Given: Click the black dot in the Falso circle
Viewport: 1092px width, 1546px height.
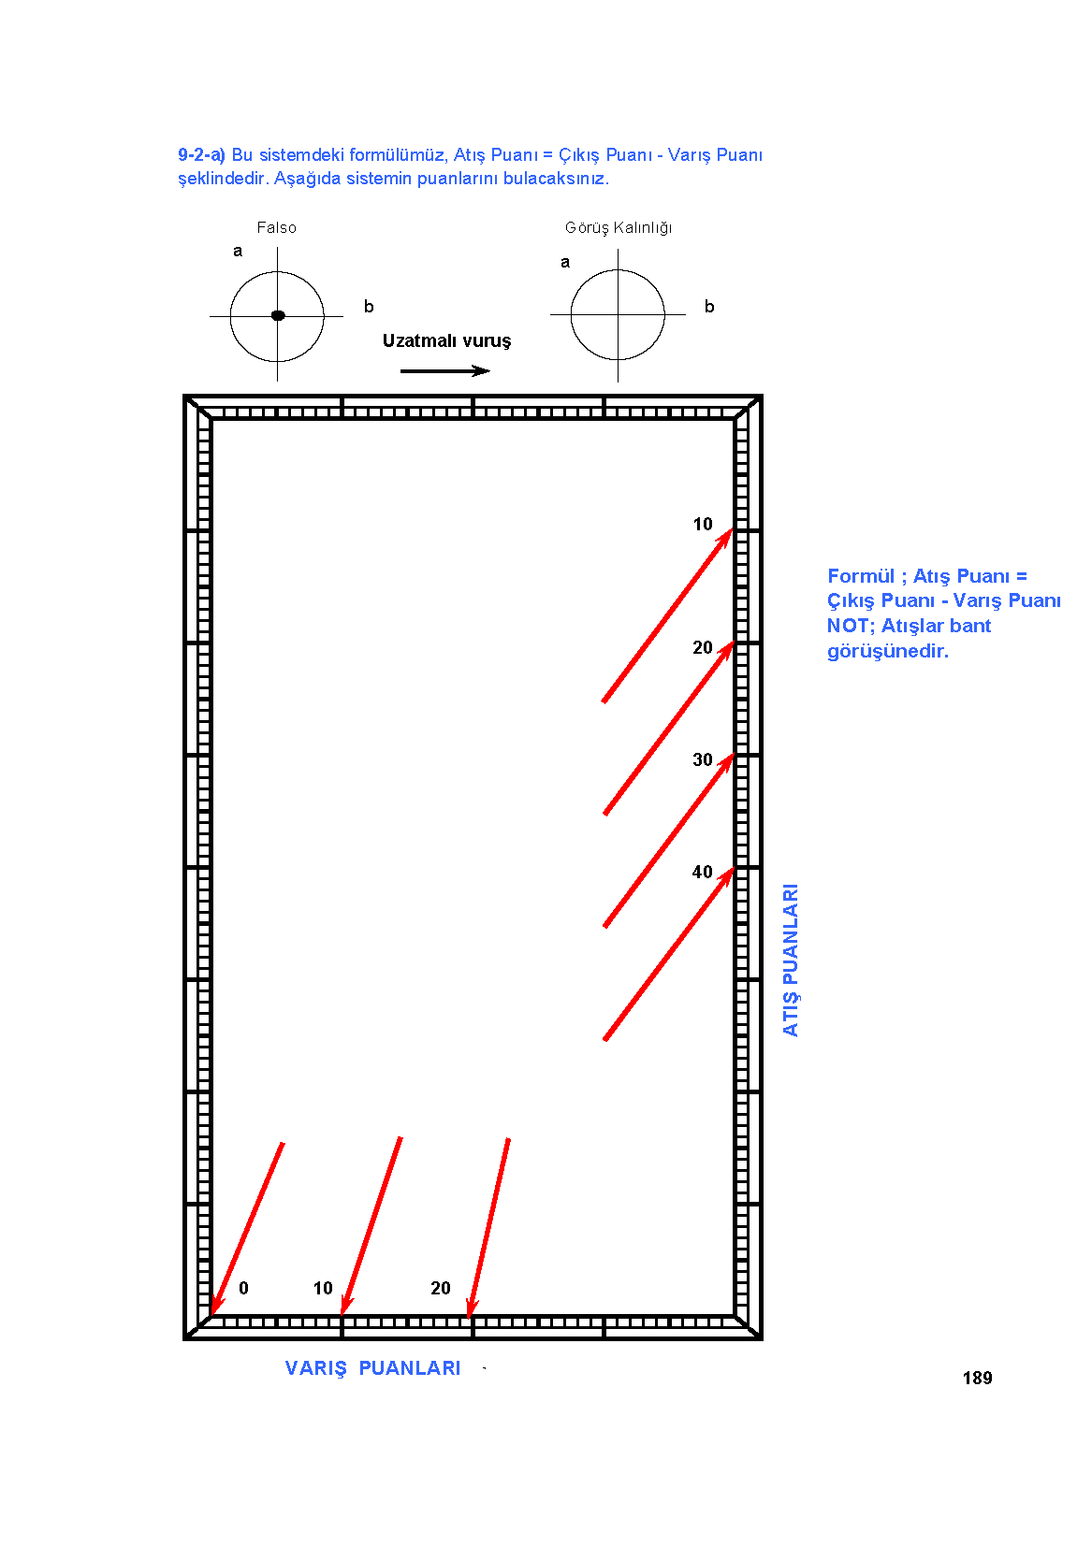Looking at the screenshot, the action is point(278,315).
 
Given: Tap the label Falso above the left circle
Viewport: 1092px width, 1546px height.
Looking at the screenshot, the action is point(276,228).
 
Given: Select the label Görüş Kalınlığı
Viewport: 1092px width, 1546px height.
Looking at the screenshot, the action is point(619,228).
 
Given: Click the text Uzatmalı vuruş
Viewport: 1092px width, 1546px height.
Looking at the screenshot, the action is point(447,341).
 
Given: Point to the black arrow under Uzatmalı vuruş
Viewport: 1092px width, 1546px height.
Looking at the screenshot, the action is point(444,370).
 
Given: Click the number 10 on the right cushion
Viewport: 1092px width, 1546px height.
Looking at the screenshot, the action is point(703,525).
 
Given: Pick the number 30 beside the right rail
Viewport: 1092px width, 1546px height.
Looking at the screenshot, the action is point(703,759).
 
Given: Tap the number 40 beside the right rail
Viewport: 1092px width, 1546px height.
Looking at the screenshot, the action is point(703,873).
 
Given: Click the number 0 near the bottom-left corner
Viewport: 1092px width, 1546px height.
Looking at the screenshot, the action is point(244,1288).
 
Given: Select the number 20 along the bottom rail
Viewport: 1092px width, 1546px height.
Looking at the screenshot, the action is point(441,1288).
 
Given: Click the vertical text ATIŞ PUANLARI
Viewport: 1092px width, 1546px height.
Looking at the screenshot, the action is point(790,960).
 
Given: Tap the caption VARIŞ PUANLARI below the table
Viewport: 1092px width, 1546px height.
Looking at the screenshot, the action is point(373,1368).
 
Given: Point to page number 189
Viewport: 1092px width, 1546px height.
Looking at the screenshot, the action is point(977,1379).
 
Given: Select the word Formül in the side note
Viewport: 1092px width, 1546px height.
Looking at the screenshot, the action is point(861,576).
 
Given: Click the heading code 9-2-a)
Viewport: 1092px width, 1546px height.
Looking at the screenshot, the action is point(201,155).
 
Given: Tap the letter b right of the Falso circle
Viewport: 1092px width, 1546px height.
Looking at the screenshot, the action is point(369,307).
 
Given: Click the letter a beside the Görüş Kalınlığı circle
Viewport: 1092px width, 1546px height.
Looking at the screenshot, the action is point(565,262).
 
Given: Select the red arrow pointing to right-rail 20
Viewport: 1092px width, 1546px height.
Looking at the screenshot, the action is point(669,729).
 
